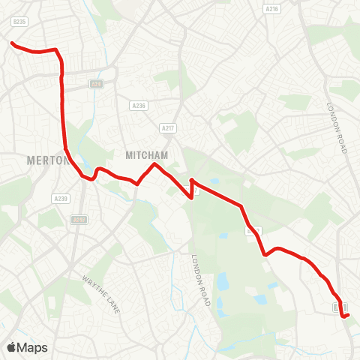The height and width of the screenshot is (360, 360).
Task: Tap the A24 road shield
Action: [x=96, y=84]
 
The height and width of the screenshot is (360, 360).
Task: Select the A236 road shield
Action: [x=137, y=106]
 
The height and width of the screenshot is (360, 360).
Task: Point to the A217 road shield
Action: [x=169, y=128]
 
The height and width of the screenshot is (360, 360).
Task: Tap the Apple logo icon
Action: [x=11, y=347]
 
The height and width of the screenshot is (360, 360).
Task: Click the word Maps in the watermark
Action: [x=32, y=347]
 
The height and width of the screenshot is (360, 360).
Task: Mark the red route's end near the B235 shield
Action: [x=12, y=43]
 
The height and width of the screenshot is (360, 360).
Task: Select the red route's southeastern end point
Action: [x=349, y=316]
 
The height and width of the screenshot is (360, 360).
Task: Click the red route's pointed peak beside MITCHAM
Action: [x=154, y=164]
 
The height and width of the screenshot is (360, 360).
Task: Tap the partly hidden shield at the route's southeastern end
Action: [x=340, y=307]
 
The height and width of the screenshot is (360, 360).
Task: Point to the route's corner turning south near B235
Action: [x=58, y=51]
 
